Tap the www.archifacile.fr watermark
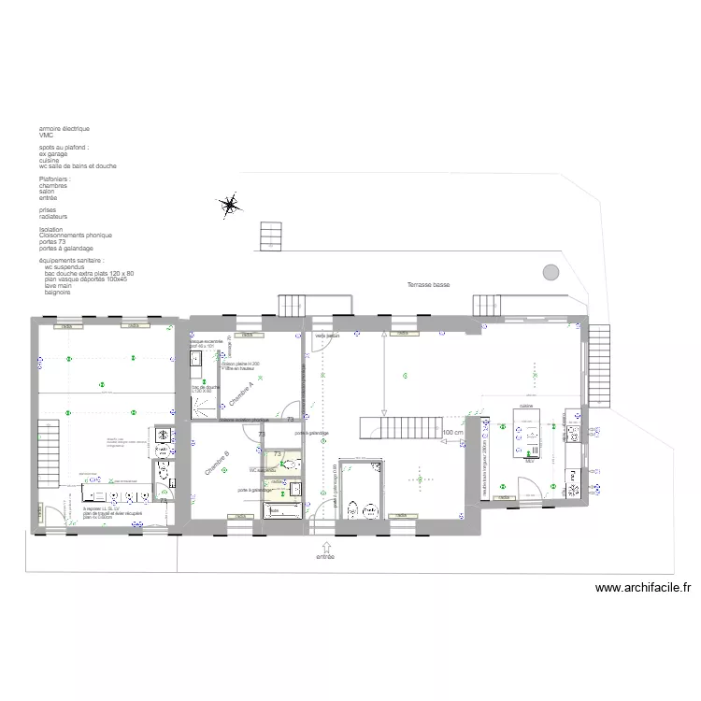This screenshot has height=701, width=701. [643, 588]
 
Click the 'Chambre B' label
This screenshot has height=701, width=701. [218, 465]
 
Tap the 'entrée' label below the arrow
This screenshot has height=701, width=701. [324, 556]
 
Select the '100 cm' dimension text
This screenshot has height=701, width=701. [453, 433]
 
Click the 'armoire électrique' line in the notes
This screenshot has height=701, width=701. [64, 129]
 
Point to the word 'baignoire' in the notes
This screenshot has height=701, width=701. [57, 293]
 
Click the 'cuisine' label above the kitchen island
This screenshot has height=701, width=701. [526, 407]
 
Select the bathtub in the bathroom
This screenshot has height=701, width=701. [280, 511]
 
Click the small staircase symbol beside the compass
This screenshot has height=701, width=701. [269, 235]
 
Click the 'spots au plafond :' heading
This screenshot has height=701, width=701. [64, 148]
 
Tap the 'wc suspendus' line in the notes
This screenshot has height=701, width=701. [64, 266]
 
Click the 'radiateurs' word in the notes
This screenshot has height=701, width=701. [55, 216]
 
